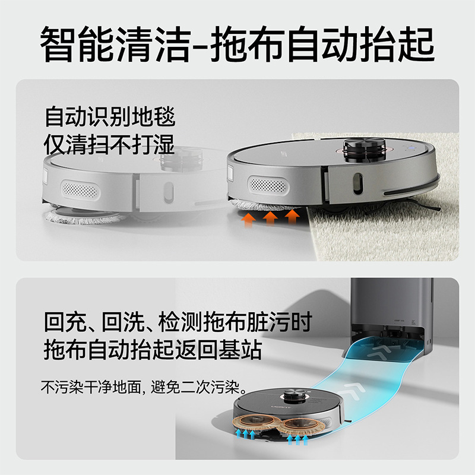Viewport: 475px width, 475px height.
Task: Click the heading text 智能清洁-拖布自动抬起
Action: pyautogui.click(x=237, y=44)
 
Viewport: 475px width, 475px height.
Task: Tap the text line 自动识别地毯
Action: pyautogui.click(x=110, y=116)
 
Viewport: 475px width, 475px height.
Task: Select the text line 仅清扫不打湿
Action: pyautogui.click(x=109, y=144)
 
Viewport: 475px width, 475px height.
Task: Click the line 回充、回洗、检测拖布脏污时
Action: pyautogui.click(x=178, y=322)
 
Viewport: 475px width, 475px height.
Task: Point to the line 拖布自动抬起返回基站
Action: pyautogui.click(x=153, y=350)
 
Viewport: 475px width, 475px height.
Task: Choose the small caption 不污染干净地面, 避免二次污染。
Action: pyautogui.click(x=144, y=387)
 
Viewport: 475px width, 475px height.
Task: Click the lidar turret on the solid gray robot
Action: pyautogui.click(x=365, y=150)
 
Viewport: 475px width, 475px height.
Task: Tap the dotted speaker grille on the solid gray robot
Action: pyautogui.click(x=268, y=185)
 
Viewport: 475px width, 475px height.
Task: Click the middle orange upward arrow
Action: pyautogui.click(x=270, y=217)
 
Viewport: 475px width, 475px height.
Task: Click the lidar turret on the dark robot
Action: pyautogui.click(x=294, y=397)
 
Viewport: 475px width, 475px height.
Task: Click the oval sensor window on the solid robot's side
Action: pyautogui.click(x=358, y=183)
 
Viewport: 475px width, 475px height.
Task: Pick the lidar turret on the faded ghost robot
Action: pyautogui.click(x=181, y=160)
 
